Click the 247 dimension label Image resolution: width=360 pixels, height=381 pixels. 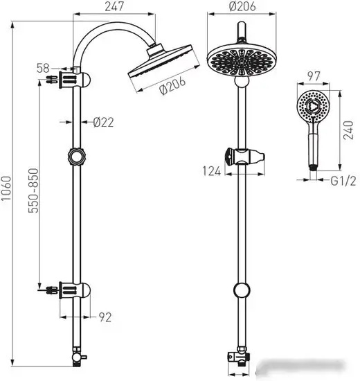point(114,6)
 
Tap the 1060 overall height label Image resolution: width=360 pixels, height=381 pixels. point(6,188)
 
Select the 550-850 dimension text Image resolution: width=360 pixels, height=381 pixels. point(33,190)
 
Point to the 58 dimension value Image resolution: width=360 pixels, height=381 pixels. point(43,69)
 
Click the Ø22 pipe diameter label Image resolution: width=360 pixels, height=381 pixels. point(103,122)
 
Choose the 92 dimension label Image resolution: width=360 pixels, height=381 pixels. point(105,317)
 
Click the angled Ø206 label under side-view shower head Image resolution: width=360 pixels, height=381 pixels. point(172,85)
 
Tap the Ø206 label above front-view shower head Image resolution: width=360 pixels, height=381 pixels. point(242,6)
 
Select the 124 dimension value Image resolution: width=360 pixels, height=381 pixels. point(212,171)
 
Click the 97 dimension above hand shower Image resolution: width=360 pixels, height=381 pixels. point(314,76)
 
